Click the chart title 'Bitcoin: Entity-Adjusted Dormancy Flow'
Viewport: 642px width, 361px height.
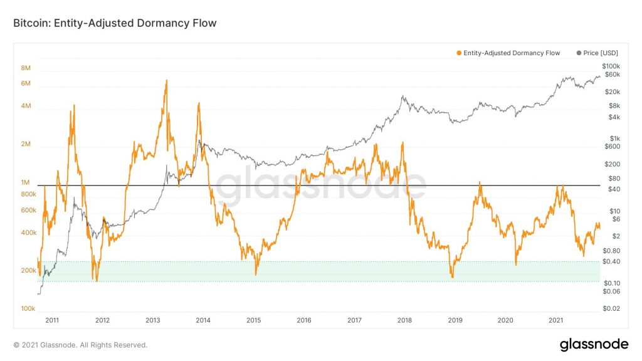115,23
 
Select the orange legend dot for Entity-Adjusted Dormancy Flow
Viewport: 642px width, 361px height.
460,53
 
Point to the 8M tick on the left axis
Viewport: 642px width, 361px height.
26,68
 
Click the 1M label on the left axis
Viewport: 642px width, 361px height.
26,182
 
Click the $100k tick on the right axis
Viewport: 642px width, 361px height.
611,66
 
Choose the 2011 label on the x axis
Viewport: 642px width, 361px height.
52,320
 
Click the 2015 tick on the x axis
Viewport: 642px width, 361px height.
253,320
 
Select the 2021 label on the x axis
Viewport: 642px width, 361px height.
555,320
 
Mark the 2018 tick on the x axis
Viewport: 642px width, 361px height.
404,320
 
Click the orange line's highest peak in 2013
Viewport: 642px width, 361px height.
166,81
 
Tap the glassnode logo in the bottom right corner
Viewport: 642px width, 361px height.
594,344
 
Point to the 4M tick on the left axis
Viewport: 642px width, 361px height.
26,106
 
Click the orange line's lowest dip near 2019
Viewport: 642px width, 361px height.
451,276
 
